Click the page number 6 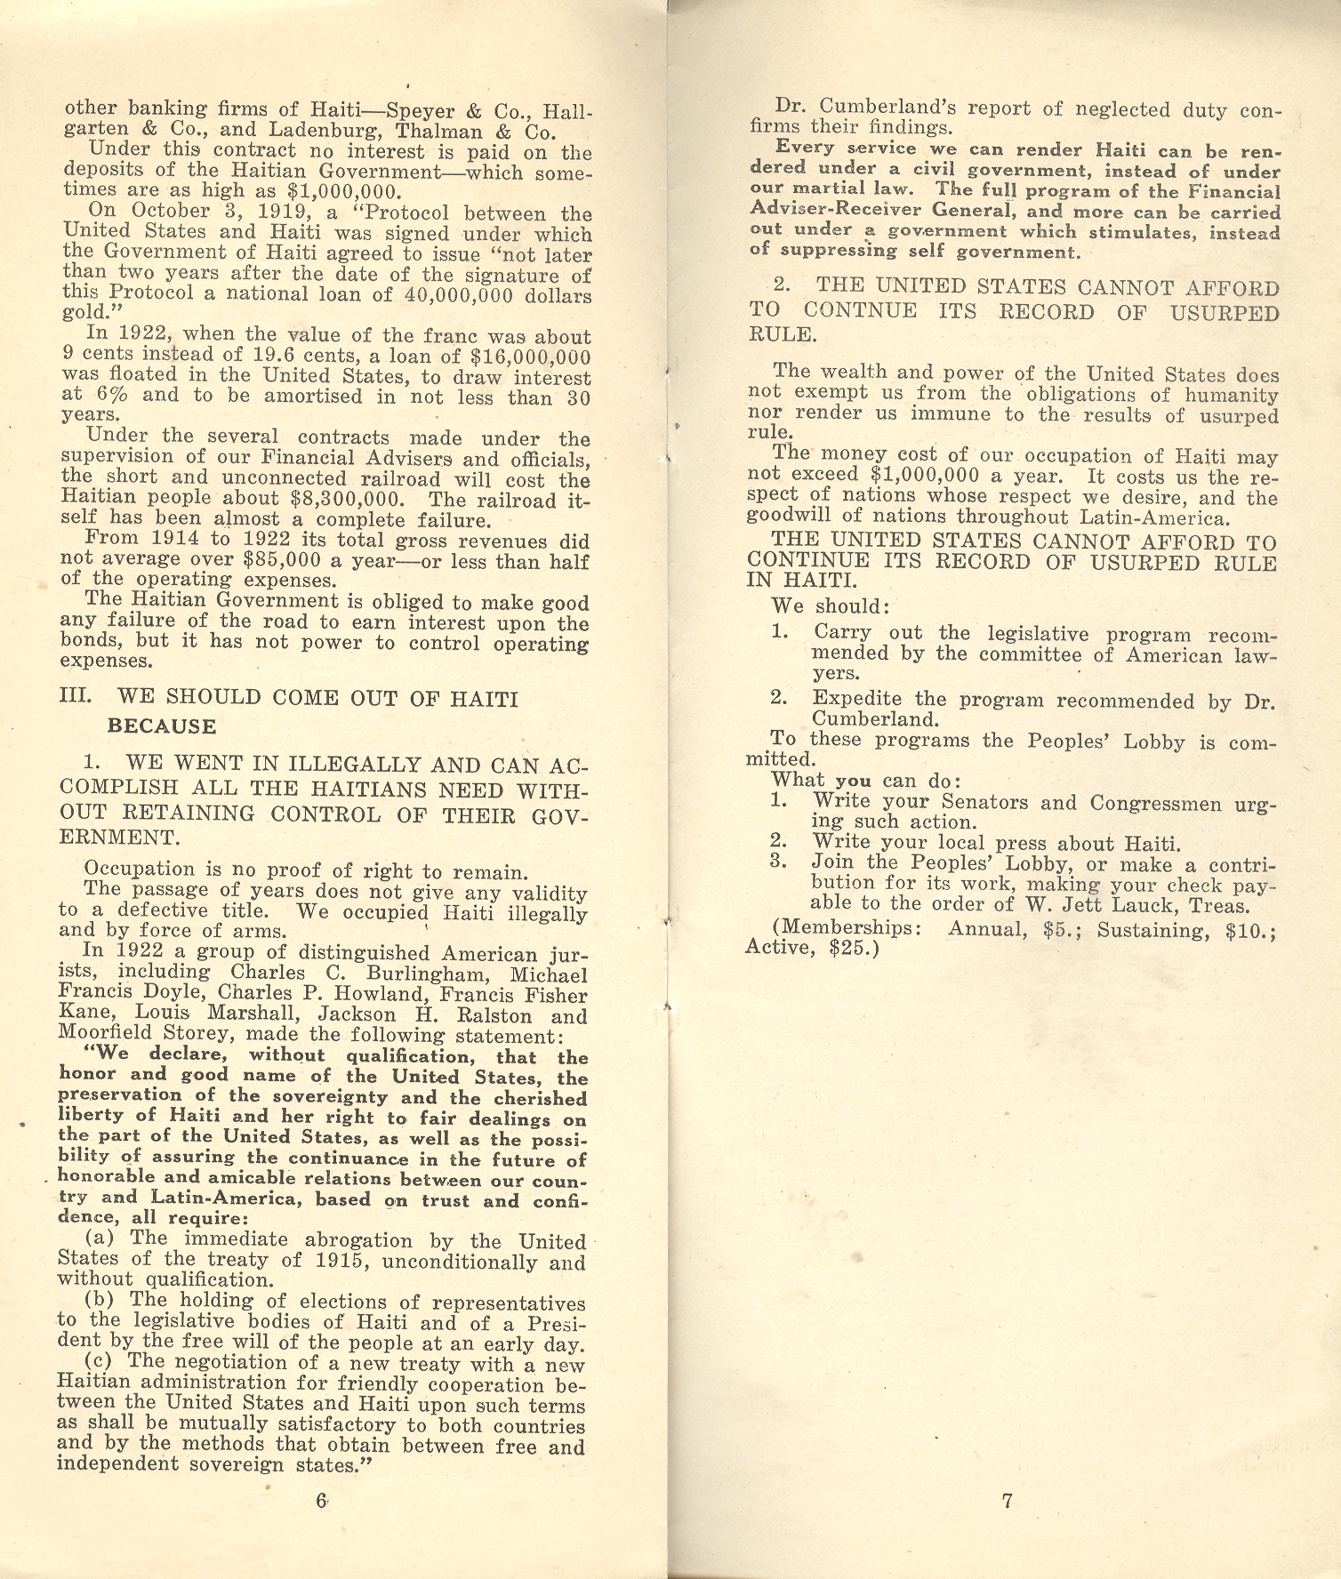[x=321, y=1501]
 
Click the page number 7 [x=1008, y=1502]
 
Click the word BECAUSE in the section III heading [x=162, y=726]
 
